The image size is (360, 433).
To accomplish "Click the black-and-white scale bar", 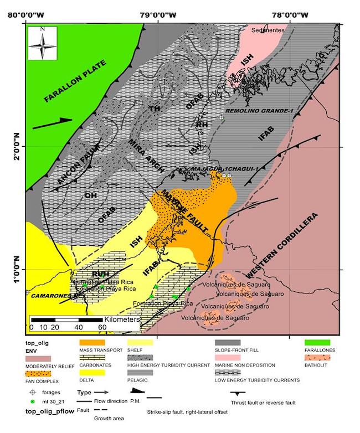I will pos(66,320).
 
